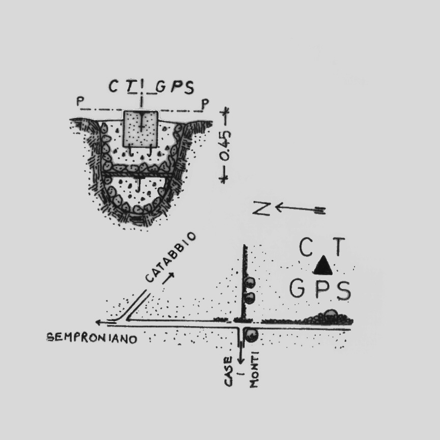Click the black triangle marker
[x=322, y=266]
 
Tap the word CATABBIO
[x=170, y=257]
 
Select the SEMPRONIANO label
[x=92, y=338]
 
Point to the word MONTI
[x=254, y=370]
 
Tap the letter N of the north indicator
[x=261, y=209]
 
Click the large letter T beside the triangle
[x=339, y=248]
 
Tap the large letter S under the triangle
[x=343, y=290]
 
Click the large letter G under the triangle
[x=298, y=289]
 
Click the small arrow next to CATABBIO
[x=168, y=277]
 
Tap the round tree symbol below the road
[x=251, y=335]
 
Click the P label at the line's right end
[x=204, y=104]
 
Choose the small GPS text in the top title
[x=175, y=87]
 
